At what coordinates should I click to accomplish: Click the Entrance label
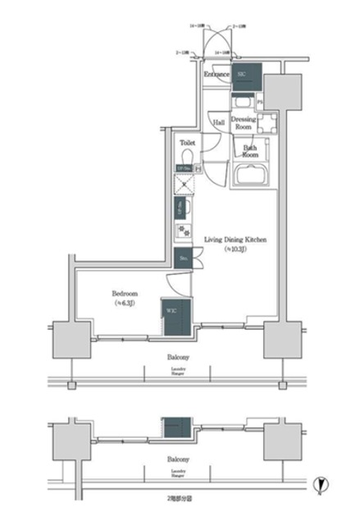216,75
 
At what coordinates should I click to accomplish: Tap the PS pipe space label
260,101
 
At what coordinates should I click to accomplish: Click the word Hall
219,123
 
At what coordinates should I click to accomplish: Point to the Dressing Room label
244,122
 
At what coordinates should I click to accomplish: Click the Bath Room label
251,151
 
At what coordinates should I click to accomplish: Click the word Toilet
186,141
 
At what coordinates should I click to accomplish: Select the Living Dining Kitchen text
235,240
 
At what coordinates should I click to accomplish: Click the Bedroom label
125,293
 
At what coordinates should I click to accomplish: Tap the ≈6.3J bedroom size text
125,303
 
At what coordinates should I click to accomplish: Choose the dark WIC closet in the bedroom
176,317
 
